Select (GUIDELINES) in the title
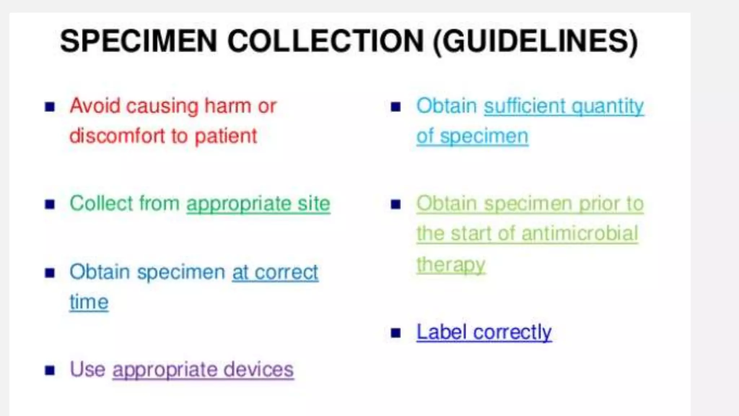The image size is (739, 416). coord(535,42)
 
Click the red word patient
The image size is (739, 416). coord(226,136)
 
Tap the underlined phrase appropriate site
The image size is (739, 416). coord(258,204)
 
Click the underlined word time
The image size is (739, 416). coord(89,302)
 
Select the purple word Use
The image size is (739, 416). coord(88,369)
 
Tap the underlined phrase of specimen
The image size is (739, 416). coord(472,136)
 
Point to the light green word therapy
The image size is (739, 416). coord(451,265)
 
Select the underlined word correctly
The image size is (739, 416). coord(512,332)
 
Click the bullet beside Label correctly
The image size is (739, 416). coord(396,333)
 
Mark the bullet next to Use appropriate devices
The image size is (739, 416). coord(50,370)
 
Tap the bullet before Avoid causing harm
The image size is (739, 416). coord(50,107)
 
